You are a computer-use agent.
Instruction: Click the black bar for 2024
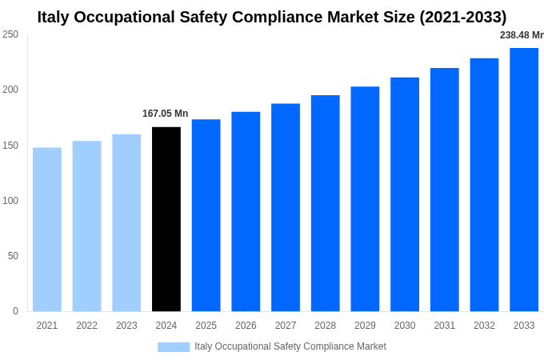pyautogui.click(x=166, y=219)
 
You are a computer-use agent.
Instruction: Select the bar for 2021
pyautogui.click(x=47, y=230)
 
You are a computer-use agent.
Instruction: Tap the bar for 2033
pyautogui.click(x=524, y=180)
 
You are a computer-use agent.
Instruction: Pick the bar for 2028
pyautogui.click(x=325, y=203)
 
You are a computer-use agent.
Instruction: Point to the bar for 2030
pyautogui.click(x=405, y=194)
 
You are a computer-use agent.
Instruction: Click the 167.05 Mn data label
pyautogui.click(x=166, y=114)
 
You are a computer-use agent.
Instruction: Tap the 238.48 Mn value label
pyautogui.click(x=522, y=35)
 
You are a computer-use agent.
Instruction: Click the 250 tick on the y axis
pyautogui.click(x=10, y=34)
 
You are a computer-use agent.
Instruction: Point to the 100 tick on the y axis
pyautogui.click(x=10, y=201)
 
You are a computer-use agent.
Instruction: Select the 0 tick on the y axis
pyautogui.click(x=15, y=311)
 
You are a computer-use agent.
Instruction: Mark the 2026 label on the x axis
pyautogui.click(x=246, y=326)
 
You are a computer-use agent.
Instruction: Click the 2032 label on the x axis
pyautogui.click(x=484, y=326)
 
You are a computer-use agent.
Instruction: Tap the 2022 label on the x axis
pyautogui.click(x=86, y=326)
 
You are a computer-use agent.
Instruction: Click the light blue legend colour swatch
pyautogui.click(x=174, y=347)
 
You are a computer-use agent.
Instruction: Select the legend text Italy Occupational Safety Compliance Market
pyautogui.click(x=290, y=346)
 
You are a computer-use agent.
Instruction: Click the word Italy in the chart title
pyautogui.click(x=54, y=17)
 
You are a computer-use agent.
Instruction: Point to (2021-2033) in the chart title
pyautogui.click(x=463, y=17)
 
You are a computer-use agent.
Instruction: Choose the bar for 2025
pyautogui.click(x=206, y=215)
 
